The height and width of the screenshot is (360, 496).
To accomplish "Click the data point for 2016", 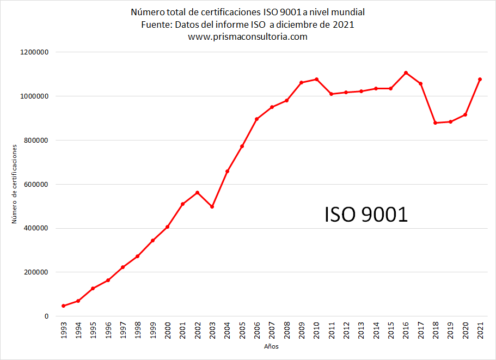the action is click(406, 73).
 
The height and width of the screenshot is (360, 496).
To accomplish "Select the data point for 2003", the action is click(212, 206).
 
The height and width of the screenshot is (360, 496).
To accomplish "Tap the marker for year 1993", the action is click(64, 306).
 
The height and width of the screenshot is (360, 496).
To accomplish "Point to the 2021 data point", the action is click(480, 80).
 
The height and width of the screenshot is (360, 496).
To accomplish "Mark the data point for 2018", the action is click(435, 123).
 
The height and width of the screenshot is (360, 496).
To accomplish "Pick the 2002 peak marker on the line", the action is click(198, 192).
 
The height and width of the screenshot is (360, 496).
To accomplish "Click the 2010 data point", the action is click(317, 80).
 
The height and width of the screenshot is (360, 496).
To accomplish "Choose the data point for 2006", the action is click(257, 119).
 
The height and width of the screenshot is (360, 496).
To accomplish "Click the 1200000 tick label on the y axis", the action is click(34, 52).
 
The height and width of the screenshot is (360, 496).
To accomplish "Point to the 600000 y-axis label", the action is click(36, 185).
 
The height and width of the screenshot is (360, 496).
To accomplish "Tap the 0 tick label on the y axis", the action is click(46, 316).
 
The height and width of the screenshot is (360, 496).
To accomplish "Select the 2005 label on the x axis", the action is click(242, 330).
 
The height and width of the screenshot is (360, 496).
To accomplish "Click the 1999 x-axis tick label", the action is click(153, 330).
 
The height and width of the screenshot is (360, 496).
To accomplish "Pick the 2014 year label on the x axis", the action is click(376, 330).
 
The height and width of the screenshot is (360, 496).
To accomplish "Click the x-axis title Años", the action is click(271, 346).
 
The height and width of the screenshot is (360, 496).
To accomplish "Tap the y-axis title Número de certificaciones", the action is click(14, 184).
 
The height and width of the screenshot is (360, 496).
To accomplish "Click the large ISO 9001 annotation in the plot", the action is click(366, 214).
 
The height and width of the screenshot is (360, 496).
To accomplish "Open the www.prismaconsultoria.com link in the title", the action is click(248, 36).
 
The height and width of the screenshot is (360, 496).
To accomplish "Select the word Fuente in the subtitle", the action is click(156, 25).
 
